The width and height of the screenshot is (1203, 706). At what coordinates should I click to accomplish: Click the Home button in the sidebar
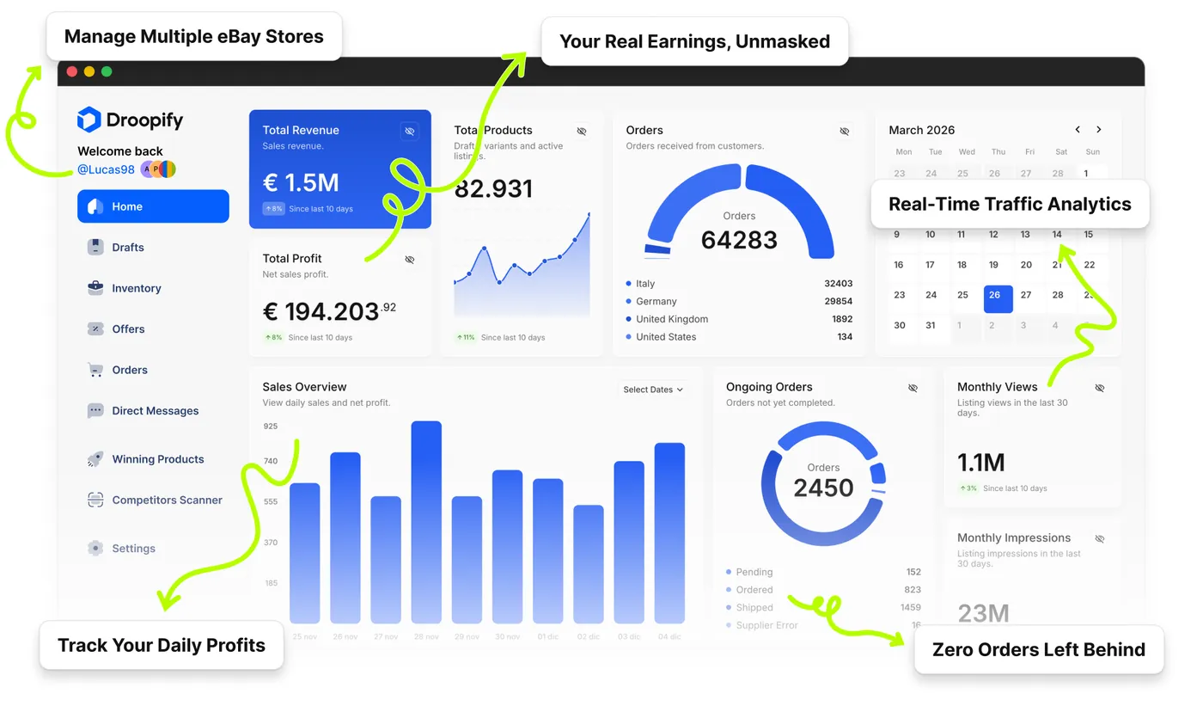click(x=153, y=206)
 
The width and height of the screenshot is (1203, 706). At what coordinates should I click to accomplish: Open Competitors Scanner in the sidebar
click(x=166, y=500)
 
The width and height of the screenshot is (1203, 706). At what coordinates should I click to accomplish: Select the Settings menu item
click(x=133, y=549)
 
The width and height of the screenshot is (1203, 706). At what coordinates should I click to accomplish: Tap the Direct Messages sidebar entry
click(x=155, y=411)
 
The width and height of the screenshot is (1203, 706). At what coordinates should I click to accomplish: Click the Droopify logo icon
click(x=89, y=120)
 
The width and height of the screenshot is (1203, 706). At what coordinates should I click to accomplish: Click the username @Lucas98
click(x=106, y=169)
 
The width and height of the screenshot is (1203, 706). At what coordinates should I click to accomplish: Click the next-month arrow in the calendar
click(x=1098, y=130)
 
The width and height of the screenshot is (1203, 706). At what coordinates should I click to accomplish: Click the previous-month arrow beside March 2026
click(x=1078, y=130)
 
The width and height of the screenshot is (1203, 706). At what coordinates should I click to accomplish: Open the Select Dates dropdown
click(x=652, y=390)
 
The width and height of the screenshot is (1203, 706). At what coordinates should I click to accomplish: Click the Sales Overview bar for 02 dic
click(x=589, y=563)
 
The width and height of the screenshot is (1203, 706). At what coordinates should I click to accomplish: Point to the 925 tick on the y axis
click(x=271, y=427)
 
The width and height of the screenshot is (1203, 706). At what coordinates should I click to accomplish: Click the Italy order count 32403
click(x=838, y=284)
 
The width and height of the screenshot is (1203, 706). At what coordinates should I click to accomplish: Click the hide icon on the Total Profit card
click(x=410, y=259)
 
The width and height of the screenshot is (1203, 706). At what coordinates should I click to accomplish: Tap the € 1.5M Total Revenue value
click(x=301, y=182)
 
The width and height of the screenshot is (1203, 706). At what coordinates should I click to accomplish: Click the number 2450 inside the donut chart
click(x=823, y=488)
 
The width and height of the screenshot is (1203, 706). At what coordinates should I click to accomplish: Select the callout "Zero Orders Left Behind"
click(x=1038, y=650)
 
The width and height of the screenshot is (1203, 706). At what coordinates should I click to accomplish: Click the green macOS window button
click(x=107, y=72)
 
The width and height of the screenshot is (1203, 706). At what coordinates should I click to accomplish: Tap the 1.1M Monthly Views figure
click(x=981, y=463)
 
